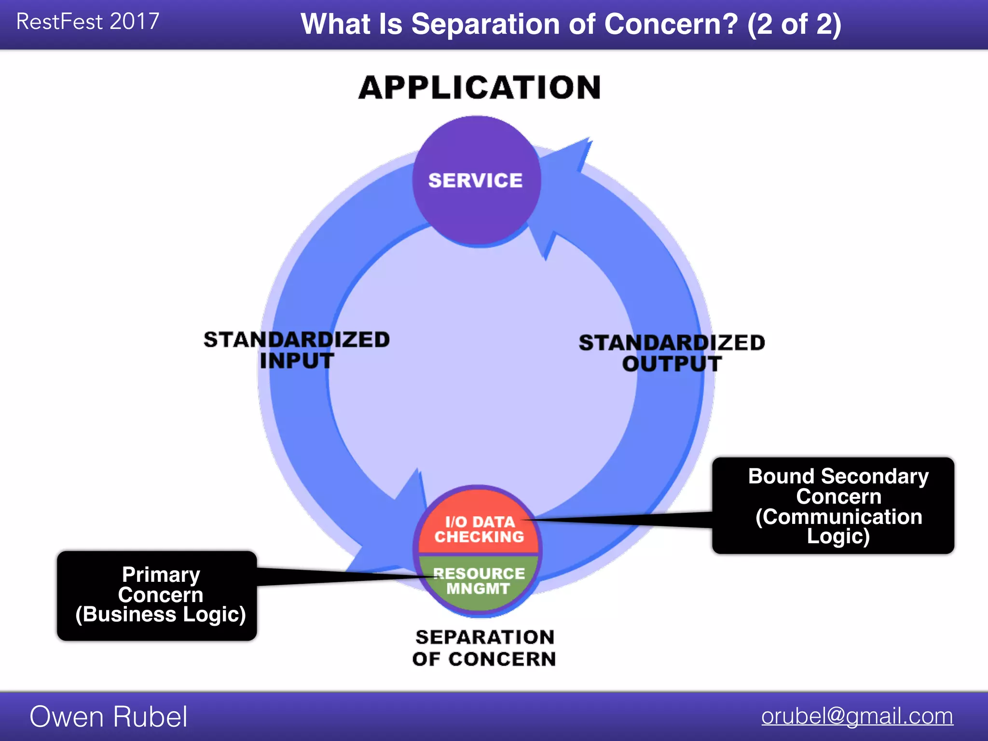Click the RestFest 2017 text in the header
87,22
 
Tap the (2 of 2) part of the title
794,24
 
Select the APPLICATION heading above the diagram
480,88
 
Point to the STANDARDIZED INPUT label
296,350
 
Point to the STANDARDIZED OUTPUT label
672,353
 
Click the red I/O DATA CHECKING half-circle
479,528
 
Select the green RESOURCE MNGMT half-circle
479,581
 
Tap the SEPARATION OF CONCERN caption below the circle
484,648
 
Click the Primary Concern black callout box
157,595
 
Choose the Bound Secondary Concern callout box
833,505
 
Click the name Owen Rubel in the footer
109,716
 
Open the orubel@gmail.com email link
857,716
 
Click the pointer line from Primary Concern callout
338,576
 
